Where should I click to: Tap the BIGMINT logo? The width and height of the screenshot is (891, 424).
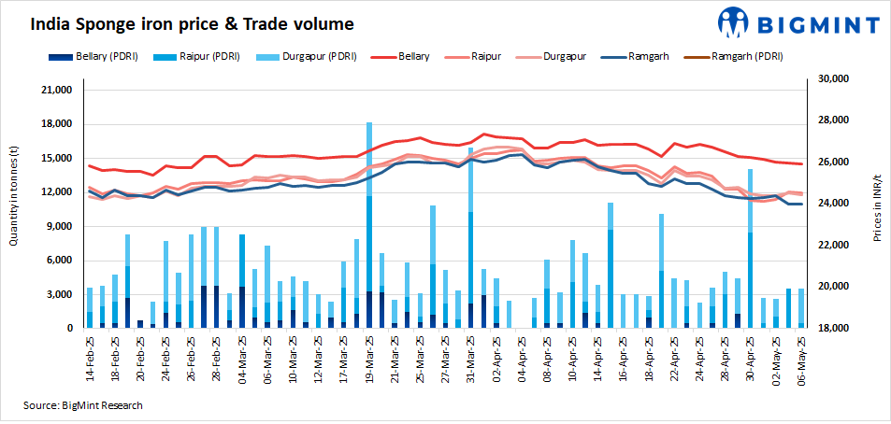point(798,23)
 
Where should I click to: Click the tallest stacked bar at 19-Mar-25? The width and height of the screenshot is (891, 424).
point(369,224)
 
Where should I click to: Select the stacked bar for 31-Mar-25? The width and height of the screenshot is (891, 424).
point(470,238)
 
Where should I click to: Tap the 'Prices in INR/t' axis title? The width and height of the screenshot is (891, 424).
point(877,204)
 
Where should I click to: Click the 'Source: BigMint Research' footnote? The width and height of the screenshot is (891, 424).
point(84,405)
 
